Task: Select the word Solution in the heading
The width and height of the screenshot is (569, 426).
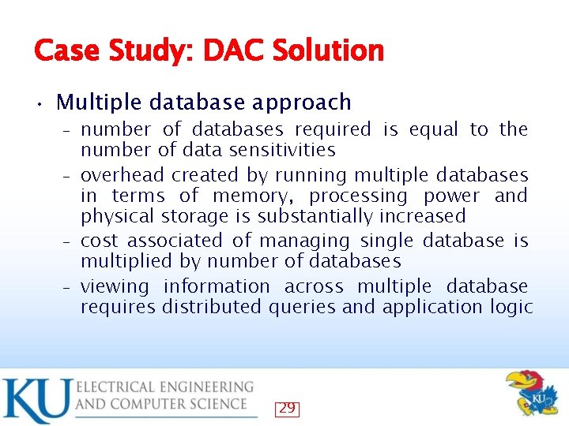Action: coord(328,51)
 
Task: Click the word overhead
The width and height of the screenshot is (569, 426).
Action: coord(122,174)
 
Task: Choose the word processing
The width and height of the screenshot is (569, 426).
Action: coord(358,196)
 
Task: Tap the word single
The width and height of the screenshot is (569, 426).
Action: coord(389,241)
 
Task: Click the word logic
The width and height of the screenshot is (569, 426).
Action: coord(511,308)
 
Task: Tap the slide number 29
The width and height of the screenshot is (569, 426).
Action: coord(287,408)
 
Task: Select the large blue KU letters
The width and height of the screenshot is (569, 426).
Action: coord(36,400)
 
